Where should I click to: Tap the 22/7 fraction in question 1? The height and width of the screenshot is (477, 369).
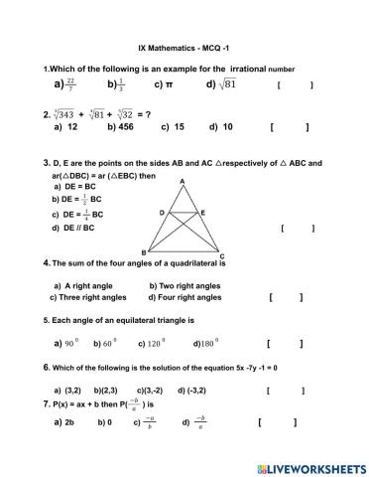70,85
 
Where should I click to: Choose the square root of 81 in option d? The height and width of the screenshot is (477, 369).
228,85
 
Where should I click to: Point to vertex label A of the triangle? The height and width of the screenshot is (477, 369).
182,181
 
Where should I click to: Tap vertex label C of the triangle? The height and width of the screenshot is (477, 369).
221,255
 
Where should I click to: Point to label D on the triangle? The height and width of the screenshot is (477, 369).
162,213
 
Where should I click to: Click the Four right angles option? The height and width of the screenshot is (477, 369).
185,296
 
